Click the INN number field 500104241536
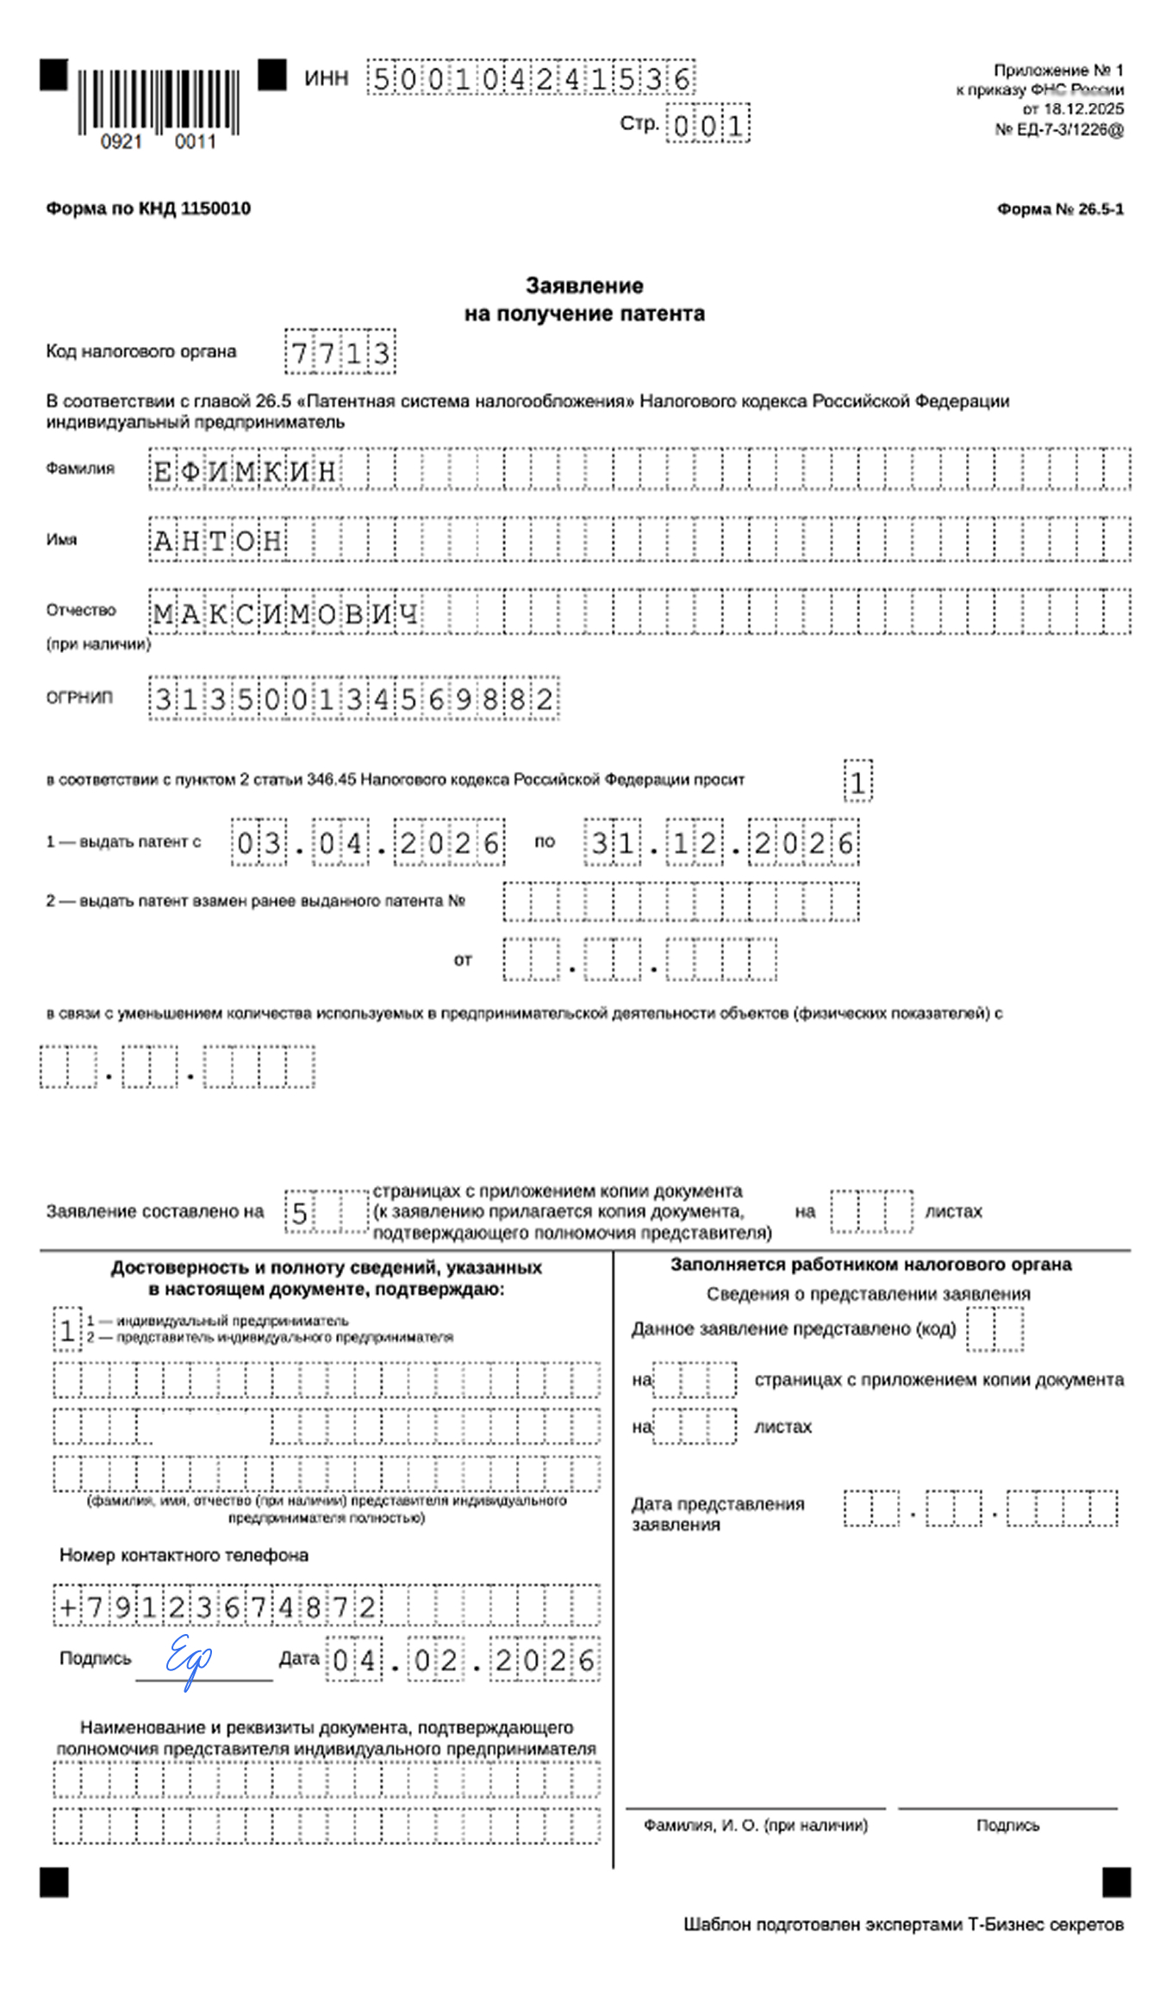point(531,78)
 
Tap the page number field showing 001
point(708,126)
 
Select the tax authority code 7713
point(340,352)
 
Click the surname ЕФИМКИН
point(245,471)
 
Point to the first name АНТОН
point(218,541)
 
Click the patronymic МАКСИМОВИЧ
point(285,613)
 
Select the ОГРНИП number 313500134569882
point(353,699)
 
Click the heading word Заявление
point(584,285)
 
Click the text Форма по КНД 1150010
point(148,208)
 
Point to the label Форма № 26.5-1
point(1060,209)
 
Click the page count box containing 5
point(300,1213)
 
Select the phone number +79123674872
point(217,1607)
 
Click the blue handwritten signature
point(188,1658)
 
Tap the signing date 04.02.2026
point(464,1660)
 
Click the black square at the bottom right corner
point(1116,1882)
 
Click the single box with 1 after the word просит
point(857,782)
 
